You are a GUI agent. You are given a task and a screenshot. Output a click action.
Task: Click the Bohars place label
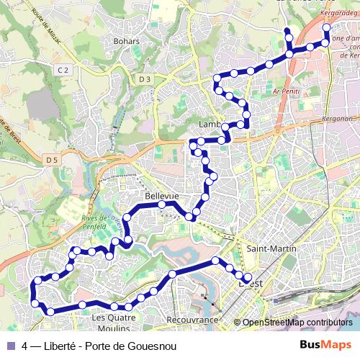pyautogui.click(x=126, y=41)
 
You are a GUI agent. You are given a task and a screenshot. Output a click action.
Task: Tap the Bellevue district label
pyautogui.click(x=161, y=196)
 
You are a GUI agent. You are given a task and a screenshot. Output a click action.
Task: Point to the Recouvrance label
pyautogui.click(x=192, y=318)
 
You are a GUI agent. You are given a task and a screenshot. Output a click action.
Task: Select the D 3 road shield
pyautogui.click(x=146, y=78)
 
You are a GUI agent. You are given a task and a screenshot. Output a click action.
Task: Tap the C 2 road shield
pyautogui.click(x=64, y=69)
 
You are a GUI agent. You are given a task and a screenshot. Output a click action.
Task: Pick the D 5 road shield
pyautogui.click(x=50, y=159)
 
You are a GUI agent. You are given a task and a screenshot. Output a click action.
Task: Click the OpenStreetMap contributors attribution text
pyautogui.click(x=297, y=323)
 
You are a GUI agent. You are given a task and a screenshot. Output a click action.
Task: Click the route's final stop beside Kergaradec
pyautogui.click(x=326, y=27)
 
